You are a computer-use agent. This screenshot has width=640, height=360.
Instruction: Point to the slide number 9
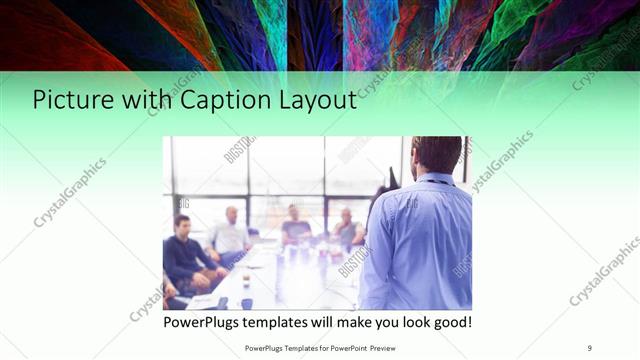coord(589,347)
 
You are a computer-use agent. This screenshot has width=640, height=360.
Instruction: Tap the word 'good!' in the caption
coord(450,323)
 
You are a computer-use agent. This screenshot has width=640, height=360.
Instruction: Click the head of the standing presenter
coord(436,155)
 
